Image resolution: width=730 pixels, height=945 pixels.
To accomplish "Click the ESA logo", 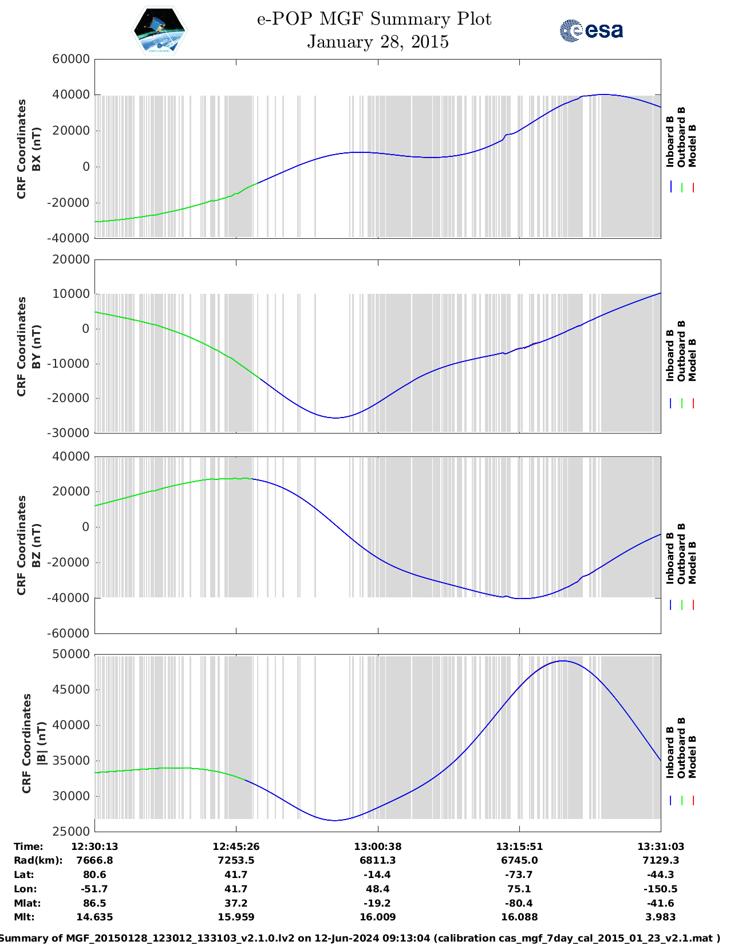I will click(591, 30).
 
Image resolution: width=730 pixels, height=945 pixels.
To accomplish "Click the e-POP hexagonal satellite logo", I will click(159, 31).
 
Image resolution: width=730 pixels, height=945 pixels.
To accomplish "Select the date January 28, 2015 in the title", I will click(377, 42).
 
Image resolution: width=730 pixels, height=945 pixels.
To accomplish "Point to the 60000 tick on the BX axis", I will click(70, 59).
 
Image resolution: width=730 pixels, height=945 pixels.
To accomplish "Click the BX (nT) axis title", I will click(36, 149).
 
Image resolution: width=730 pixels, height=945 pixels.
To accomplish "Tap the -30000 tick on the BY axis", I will click(70, 433).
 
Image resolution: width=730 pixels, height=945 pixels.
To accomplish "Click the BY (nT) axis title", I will click(36, 346).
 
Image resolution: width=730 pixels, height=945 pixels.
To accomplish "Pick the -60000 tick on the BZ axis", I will click(70, 633).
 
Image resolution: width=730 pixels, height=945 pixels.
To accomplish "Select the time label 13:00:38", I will click(377, 846).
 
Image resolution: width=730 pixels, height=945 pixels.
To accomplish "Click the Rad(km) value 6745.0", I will click(519, 860).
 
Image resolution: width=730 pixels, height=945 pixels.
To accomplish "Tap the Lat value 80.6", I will click(94, 875).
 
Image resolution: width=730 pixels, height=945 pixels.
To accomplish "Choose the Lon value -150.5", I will click(661, 889).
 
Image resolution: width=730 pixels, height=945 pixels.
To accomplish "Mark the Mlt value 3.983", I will click(661, 917).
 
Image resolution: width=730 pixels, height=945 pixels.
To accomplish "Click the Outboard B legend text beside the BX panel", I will click(681, 137).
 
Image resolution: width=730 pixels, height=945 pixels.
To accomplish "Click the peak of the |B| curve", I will click(563, 661).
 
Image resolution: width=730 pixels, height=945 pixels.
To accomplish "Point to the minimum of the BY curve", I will click(336, 418).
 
